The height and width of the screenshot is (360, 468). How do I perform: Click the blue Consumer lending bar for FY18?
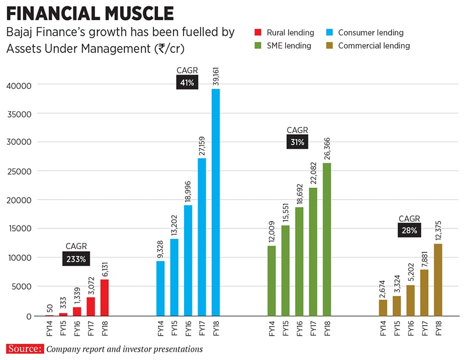pos(215,202)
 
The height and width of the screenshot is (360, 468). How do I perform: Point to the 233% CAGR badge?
pos(76,259)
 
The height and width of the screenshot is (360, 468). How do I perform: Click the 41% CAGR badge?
pos(187,82)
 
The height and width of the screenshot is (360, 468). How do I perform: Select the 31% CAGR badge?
pos(297,142)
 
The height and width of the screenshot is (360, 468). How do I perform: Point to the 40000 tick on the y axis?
pos(19,85)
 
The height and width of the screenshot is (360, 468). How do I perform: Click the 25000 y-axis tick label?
pos(19,171)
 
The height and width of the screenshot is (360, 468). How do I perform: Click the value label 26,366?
pos(327,148)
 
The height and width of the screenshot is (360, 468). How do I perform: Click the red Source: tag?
pos(25,349)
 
